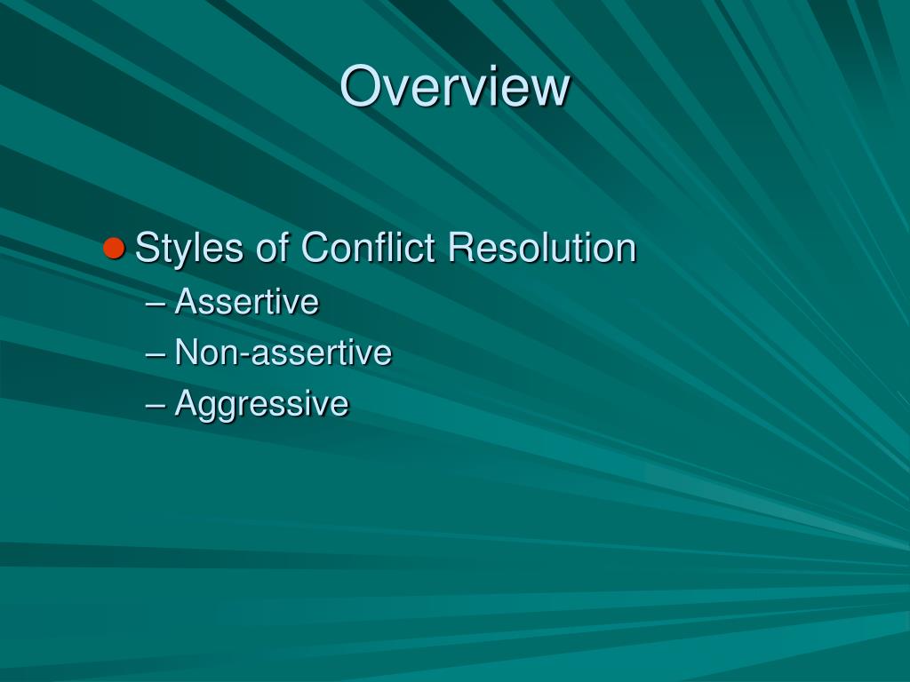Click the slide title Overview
pos(454,87)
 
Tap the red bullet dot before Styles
pos(113,248)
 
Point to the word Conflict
pos(368,248)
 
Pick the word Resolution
pos(542,248)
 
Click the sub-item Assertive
pos(246,302)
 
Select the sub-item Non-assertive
pos(283,353)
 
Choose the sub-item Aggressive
pos(261,405)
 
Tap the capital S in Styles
pos(148,248)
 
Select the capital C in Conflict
pos(316,248)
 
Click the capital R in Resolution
pos(462,248)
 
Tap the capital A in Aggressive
pos(186,403)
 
